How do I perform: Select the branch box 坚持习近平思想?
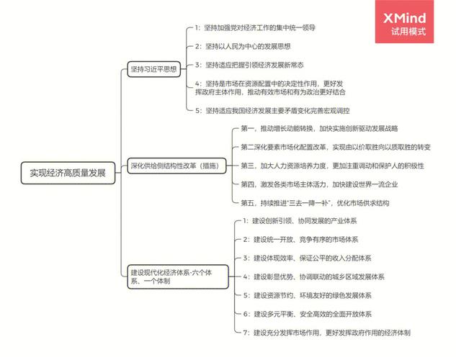[x=153, y=70]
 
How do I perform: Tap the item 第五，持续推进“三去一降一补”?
[x=315, y=203]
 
